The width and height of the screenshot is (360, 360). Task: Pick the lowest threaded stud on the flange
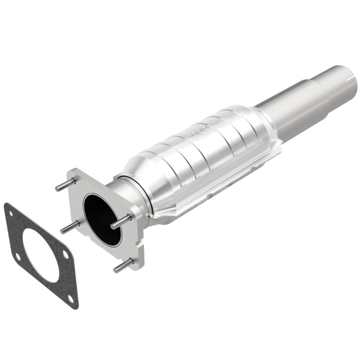point(124,265)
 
